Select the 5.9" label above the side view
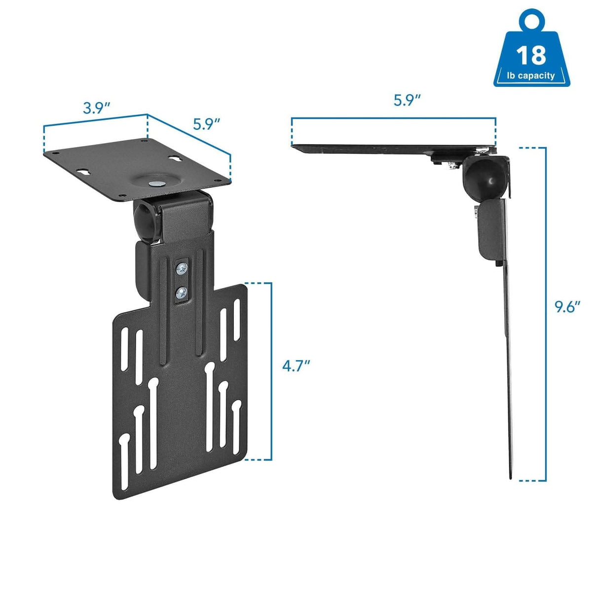tap(407, 100)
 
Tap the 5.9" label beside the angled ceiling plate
tap(206, 124)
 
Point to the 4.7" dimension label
tap(296, 366)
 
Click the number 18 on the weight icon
tap(531, 55)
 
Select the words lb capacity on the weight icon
tap(531, 75)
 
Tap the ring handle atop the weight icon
tap(531, 21)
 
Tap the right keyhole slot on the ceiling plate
tap(176, 159)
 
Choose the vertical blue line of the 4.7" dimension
tap(271, 371)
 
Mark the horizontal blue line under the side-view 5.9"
tap(393, 118)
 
